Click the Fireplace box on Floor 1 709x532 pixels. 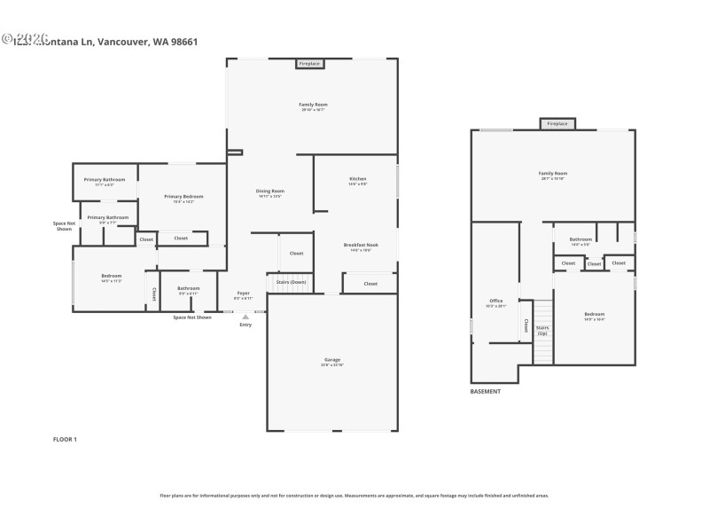pyautogui.click(x=309, y=64)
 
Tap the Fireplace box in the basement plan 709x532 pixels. pyautogui.click(x=557, y=124)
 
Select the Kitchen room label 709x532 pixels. pyautogui.click(x=357, y=179)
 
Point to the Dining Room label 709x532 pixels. pyautogui.click(x=269, y=192)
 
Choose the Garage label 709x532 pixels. pyautogui.click(x=331, y=361)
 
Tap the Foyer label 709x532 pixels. pyautogui.click(x=243, y=294)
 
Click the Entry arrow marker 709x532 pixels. pyautogui.click(x=245, y=316)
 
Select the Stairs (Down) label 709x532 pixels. pyautogui.click(x=291, y=282)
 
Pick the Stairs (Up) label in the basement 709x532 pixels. pyautogui.click(x=542, y=330)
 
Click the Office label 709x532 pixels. pyautogui.click(x=496, y=301)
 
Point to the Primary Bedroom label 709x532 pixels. pyautogui.click(x=184, y=197)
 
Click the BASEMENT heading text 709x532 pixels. pyautogui.click(x=486, y=391)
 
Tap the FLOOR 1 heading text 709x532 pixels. pyautogui.click(x=65, y=439)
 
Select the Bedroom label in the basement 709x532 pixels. pyautogui.click(x=594, y=315)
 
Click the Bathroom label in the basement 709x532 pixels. pyautogui.click(x=580, y=239)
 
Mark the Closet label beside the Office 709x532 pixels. pyautogui.click(x=526, y=325)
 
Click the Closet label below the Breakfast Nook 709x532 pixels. pyautogui.click(x=370, y=284)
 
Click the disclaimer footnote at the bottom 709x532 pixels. pyautogui.click(x=354, y=496)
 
